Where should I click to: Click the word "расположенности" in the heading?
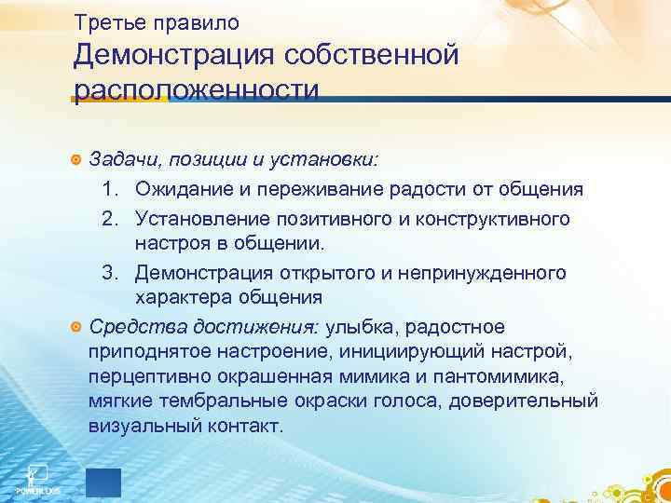(x=197, y=91)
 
